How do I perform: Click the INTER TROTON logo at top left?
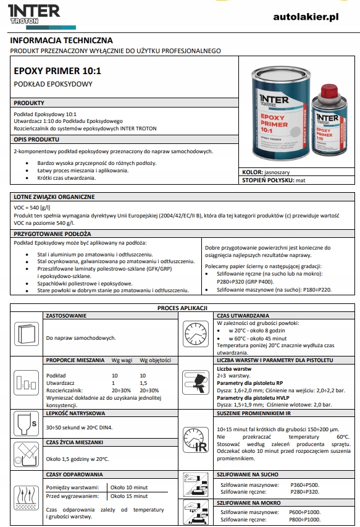34,14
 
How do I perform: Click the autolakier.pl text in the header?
306,17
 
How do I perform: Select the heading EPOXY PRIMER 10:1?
57,71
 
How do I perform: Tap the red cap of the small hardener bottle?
329,90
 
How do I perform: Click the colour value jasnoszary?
277,172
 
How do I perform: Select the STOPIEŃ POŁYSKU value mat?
301,180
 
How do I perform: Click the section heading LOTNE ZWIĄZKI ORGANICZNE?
54,197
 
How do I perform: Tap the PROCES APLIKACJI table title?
182,308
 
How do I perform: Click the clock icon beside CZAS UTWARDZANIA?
196,334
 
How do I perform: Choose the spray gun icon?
196,382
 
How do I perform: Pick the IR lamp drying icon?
196,440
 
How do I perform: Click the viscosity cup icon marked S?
26,424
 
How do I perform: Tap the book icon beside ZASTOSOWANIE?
26,334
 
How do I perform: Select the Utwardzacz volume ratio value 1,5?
143,383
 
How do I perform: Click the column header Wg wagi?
122,360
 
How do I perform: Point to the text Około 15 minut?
129,496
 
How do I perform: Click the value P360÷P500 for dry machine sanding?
305,485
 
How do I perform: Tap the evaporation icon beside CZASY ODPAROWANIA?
26,498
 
